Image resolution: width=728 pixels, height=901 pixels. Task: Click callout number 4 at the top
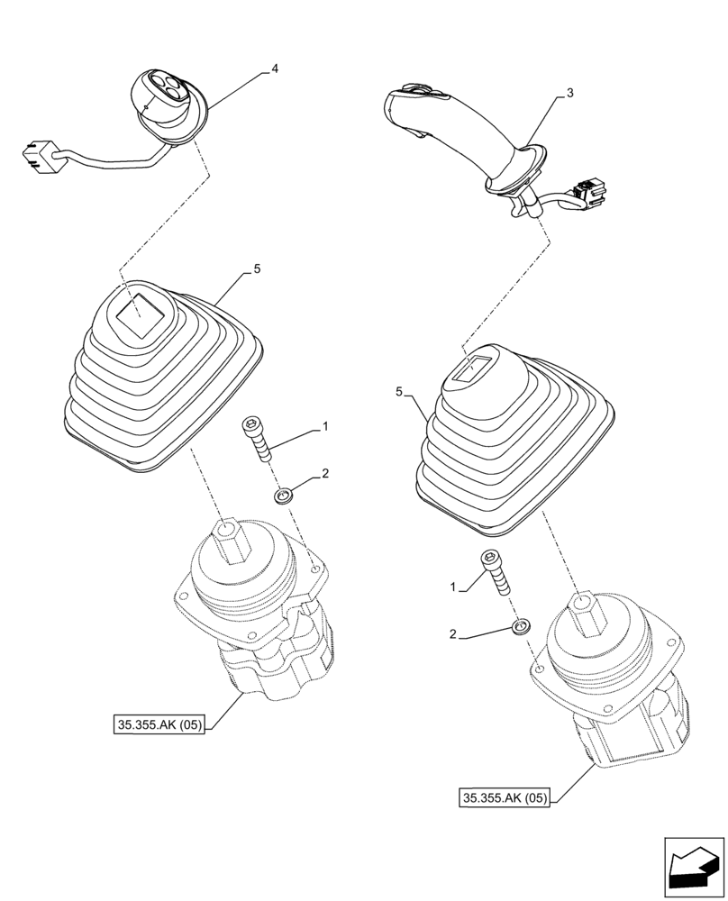coord(275,68)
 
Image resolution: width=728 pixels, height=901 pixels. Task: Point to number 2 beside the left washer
coord(325,473)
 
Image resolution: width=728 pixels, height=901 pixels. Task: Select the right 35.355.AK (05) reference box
coord(505,797)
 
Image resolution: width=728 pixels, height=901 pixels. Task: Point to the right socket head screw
coord(495,572)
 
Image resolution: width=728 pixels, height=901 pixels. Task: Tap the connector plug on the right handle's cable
coord(591,190)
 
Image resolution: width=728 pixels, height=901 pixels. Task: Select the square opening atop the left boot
coord(138,314)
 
